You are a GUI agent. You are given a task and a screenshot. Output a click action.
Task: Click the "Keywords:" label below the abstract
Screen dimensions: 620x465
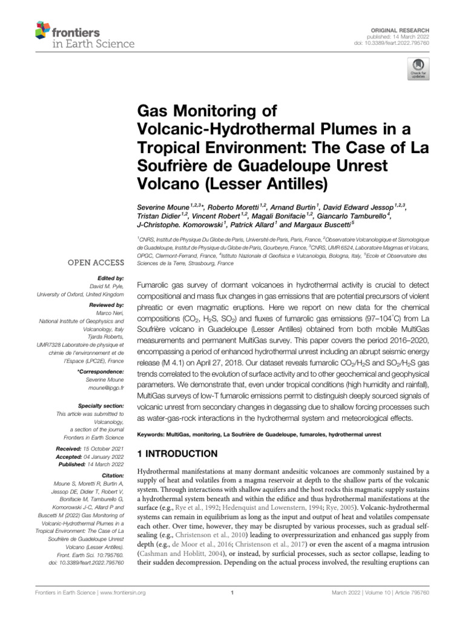[157, 435]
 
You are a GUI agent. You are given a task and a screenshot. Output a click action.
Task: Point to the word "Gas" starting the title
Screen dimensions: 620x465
[156, 111]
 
